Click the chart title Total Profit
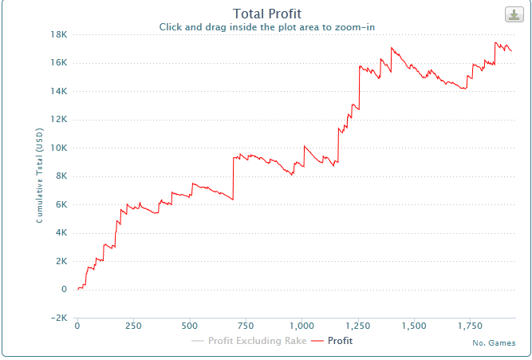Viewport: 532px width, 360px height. click(x=266, y=13)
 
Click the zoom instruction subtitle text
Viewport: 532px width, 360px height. click(x=266, y=26)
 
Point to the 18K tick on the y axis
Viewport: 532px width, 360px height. click(x=58, y=34)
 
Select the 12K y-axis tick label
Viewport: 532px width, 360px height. click(x=58, y=120)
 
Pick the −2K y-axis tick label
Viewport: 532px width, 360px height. click(x=57, y=318)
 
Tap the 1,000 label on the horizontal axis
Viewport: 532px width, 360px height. click(x=302, y=326)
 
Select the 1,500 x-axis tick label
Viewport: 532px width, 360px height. click(x=415, y=326)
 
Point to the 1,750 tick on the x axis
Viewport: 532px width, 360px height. click(x=471, y=326)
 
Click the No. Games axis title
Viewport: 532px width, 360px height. click(x=493, y=343)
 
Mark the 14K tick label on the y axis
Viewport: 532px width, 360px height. click(x=58, y=91)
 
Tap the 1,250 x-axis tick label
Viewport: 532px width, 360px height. click(x=359, y=326)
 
